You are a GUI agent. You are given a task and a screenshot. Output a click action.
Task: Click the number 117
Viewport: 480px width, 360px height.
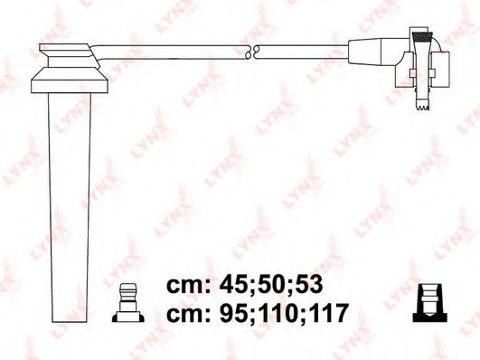[x=329, y=315]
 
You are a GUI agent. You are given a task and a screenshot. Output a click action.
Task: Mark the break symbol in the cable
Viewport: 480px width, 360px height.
[x=257, y=52]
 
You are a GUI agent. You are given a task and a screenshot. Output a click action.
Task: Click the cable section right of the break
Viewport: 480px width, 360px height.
[x=303, y=52]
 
